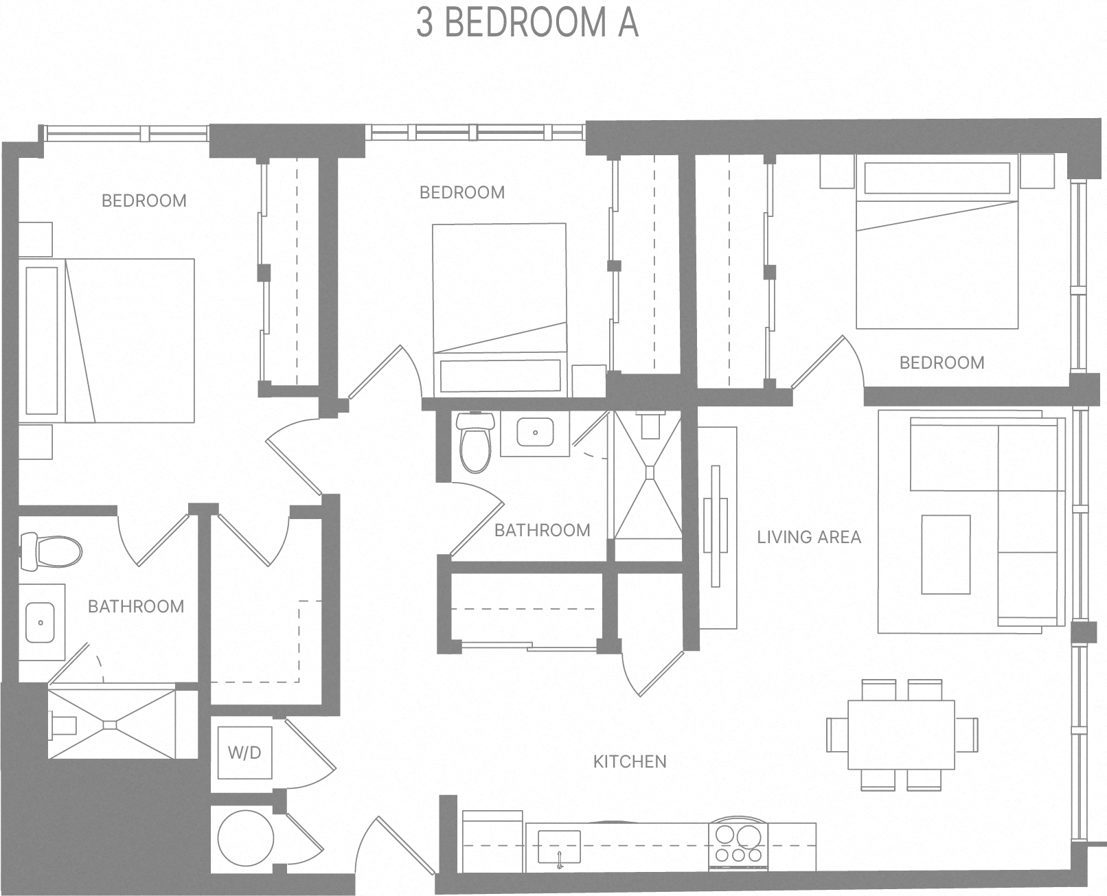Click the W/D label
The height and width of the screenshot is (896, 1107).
coord(244,753)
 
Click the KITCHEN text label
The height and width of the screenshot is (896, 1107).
coord(630,761)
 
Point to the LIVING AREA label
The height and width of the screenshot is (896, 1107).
coord(809,537)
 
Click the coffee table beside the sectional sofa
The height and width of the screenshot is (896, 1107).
coord(946,554)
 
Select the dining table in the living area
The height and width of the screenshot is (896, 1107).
coord(901,735)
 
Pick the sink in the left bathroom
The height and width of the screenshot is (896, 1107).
coord(41,622)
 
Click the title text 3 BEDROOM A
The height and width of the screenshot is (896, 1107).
coord(527,23)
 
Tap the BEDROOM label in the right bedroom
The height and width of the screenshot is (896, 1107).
coord(941,363)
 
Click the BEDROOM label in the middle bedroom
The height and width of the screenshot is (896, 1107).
coord(461,192)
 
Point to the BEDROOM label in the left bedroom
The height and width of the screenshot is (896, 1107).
coord(144,200)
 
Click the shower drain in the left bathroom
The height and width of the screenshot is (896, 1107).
coord(111,724)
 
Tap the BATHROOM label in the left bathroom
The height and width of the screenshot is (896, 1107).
coord(136,606)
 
